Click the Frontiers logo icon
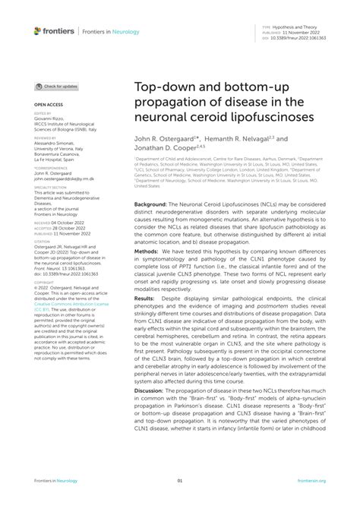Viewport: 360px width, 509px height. (x=39, y=30)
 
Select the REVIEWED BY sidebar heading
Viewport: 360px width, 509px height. (x=45, y=139)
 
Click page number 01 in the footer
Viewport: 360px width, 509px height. (x=180, y=480)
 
